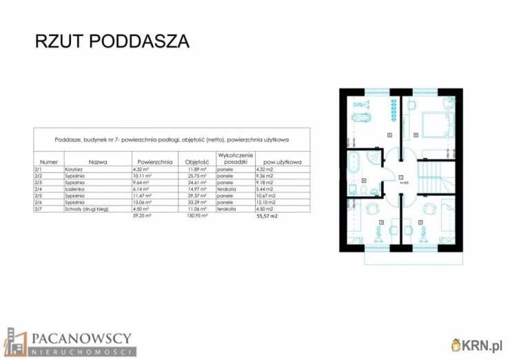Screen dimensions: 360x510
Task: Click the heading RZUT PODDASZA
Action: (112, 41)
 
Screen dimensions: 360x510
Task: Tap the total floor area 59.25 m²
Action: (141, 215)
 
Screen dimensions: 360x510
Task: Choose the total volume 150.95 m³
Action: (197, 215)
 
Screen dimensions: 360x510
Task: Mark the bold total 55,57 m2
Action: (267, 215)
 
